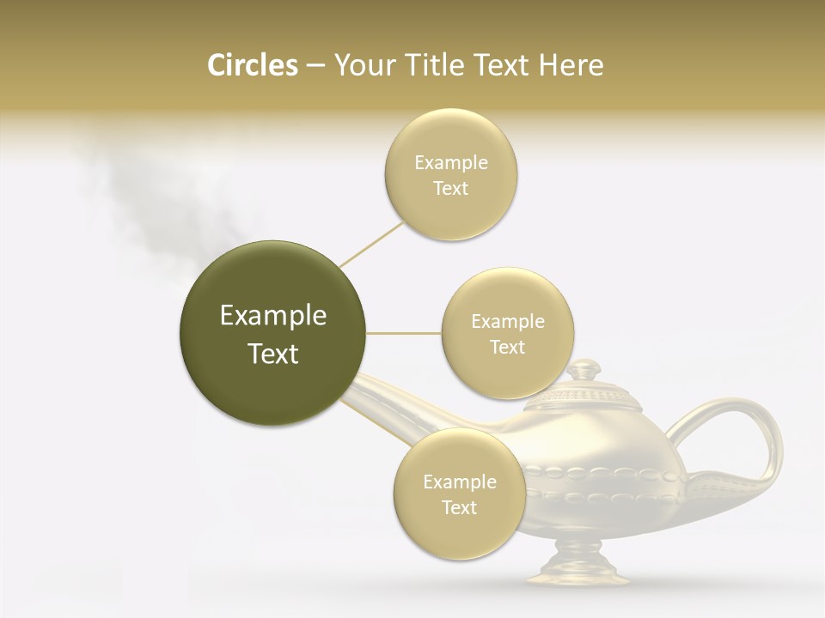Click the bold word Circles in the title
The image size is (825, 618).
click(253, 65)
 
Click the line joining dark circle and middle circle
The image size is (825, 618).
click(403, 332)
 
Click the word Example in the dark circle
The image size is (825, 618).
click(272, 316)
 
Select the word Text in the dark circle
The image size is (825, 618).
click(272, 354)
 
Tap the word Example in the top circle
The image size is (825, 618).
click(450, 163)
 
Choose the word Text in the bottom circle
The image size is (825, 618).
click(459, 507)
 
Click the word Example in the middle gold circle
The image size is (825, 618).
click(507, 322)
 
